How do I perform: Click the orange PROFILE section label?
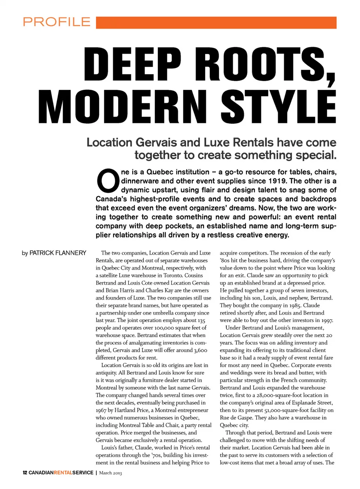click(57, 22)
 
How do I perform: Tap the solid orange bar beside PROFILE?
click(216, 22)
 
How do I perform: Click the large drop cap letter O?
click(108, 181)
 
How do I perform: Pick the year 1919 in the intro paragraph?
click(277, 181)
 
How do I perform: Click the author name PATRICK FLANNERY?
click(58, 253)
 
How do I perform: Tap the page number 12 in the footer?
click(25, 473)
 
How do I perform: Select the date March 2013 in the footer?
click(110, 473)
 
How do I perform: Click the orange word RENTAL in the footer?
click(63, 473)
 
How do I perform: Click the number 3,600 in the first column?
click(200, 350)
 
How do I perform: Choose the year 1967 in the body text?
click(101, 410)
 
